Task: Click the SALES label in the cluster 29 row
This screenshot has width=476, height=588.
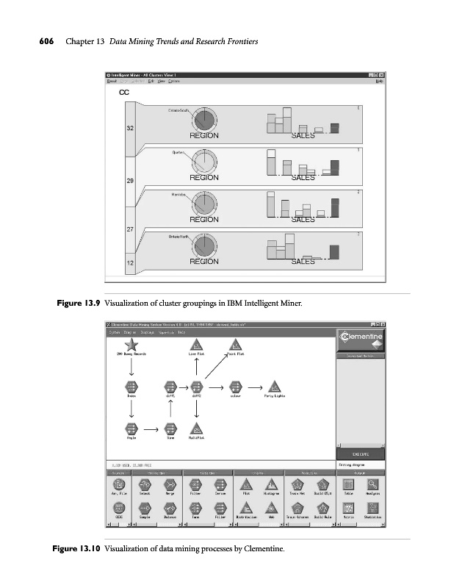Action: pos(303,177)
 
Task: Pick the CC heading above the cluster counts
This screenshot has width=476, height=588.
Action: pos(124,93)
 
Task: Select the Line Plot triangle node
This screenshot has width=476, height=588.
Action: pos(196,345)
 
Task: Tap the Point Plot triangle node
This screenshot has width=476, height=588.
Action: pos(235,345)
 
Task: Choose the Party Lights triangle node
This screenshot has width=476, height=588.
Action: pos(273,387)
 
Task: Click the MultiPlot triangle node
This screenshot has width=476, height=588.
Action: pos(196,428)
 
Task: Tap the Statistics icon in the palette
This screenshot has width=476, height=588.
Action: pos(373,508)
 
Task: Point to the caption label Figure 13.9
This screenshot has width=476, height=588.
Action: pos(76,303)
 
